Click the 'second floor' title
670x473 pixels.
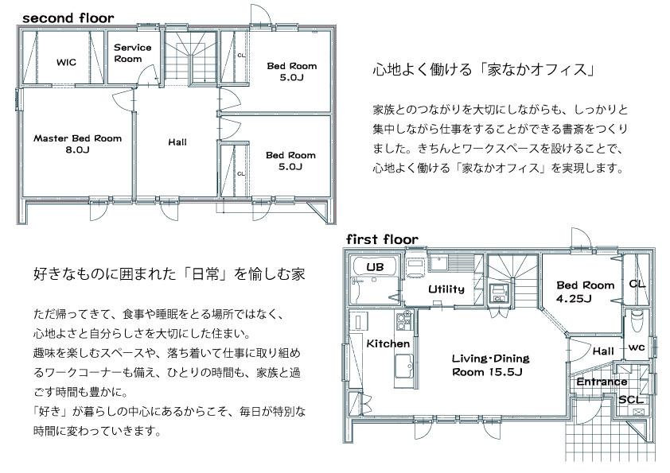click(x=68, y=18)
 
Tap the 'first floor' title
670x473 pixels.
click(x=382, y=239)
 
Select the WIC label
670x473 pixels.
click(x=66, y=62)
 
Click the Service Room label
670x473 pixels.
click(x=132, y=53)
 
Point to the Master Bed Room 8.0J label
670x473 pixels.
click(x=77, y=144)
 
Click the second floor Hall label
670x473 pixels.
click(x=177, y=142)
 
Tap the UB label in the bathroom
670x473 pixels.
click(x=375, y=267)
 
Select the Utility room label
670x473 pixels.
click(x=446, y=289)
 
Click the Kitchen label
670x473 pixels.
click(x=388, y=343)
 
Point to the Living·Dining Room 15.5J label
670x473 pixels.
click(x=490, y=365)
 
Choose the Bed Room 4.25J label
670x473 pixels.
click(x=586, y=292)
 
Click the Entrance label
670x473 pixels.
click(x=602, y=382)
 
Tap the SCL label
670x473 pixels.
click(x=631, y=400)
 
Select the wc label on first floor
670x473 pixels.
click(x=637, y=347)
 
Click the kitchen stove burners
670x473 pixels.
click(x=403, y=320)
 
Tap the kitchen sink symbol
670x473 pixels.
click(x=403, y=366)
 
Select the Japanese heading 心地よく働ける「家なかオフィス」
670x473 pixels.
click(x=484, y=70)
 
